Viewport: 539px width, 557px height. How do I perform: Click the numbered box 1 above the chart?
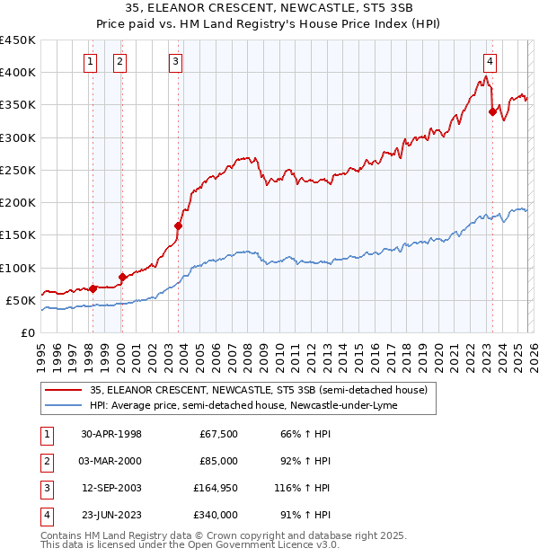click(x=92, y=61)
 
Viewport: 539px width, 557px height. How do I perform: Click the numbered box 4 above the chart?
click(x=490, y=61)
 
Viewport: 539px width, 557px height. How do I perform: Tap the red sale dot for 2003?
click(x=178, y=226)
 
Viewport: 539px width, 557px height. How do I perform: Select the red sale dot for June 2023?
click(x=492, y=111)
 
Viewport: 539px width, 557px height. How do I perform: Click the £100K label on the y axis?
click(x=18, y=268)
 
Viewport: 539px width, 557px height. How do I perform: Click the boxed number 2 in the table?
click(x=45, y=461)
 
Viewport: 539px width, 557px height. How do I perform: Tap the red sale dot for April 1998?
click(x=93, y=288)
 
